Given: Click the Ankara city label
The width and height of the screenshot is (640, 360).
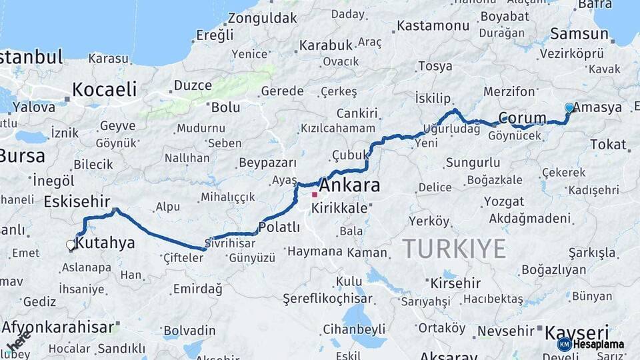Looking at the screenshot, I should [349, 185].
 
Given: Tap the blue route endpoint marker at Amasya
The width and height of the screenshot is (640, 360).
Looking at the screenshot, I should [569, 107].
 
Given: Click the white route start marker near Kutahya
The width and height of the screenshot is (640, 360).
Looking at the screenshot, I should [71, 245].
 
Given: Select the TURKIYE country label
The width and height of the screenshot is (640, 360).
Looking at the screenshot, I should [453, 249].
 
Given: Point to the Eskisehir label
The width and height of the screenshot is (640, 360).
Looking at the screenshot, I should [75, 201].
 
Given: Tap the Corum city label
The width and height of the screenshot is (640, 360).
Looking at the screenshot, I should [522, 118].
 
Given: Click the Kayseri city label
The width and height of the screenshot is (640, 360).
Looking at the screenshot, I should [577, 332].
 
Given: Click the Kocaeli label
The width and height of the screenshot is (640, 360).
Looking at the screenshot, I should [104, 89].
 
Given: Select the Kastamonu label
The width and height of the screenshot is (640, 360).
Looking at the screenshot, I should [433, 26].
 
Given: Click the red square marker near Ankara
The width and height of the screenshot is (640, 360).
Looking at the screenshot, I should [315, 195].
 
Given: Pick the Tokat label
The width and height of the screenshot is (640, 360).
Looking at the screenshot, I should [608, 144].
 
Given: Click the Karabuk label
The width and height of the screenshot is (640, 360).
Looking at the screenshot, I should [325, 45].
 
